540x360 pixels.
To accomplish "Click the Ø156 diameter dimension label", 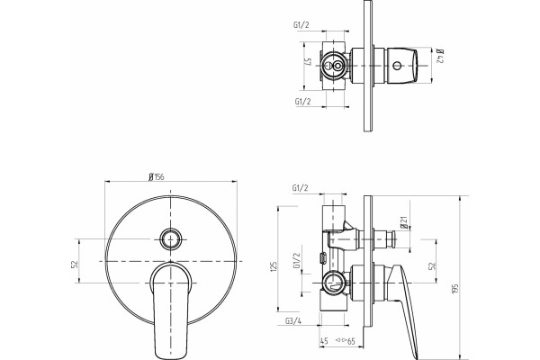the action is (x=157, y=176).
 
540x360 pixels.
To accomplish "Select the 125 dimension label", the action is (x=274, y=267).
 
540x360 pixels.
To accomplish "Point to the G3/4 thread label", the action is (x=293, y=321).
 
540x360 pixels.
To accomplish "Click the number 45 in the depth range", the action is (x=324, y=341).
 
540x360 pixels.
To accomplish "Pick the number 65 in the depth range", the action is (x=351, y=341).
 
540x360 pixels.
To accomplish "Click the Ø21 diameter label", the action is (x=404, y=222).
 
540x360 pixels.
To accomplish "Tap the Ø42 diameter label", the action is (x=440, y=57).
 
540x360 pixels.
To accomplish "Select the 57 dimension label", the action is (x=308, y=63).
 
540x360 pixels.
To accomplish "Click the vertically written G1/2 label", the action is (x=296, y=261).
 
